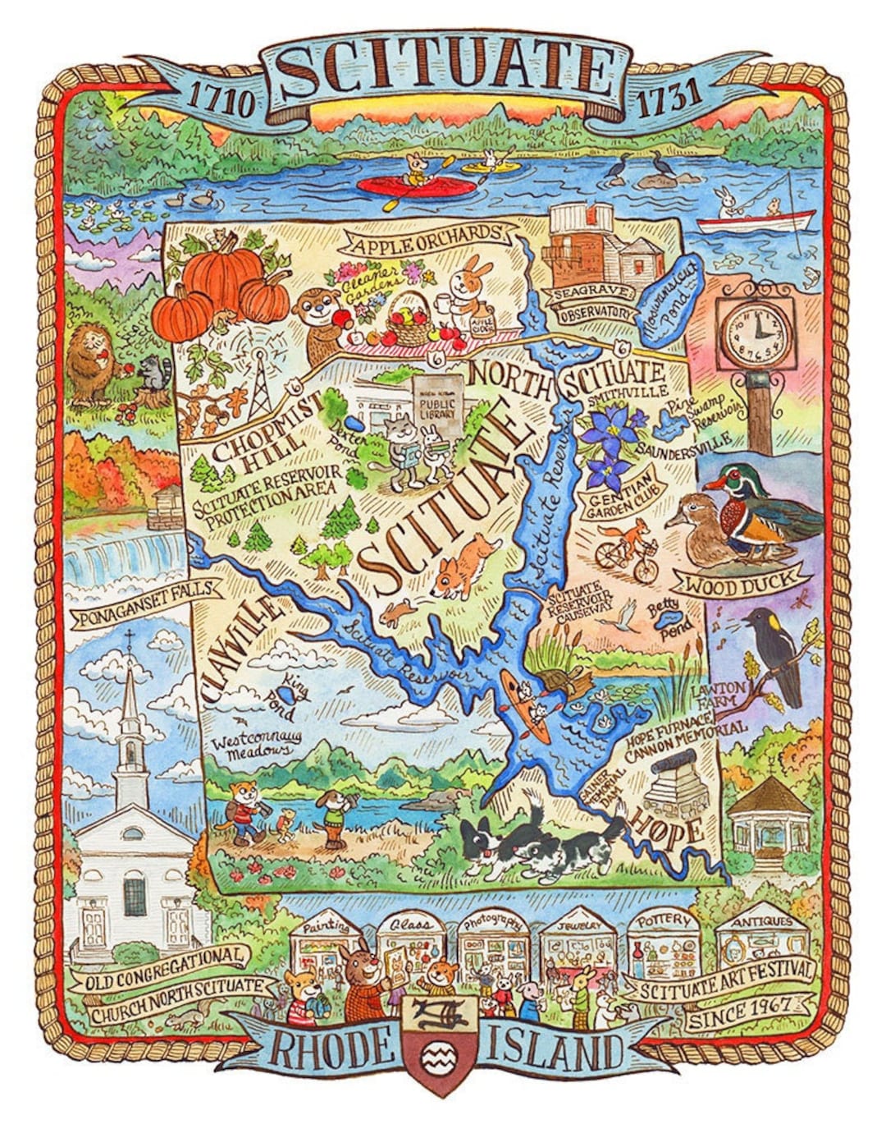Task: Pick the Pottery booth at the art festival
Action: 664,943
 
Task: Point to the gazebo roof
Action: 770,796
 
